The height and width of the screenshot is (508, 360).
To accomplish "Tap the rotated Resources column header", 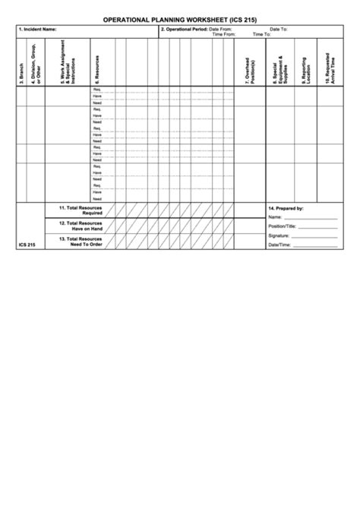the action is (x=96, y=69).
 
